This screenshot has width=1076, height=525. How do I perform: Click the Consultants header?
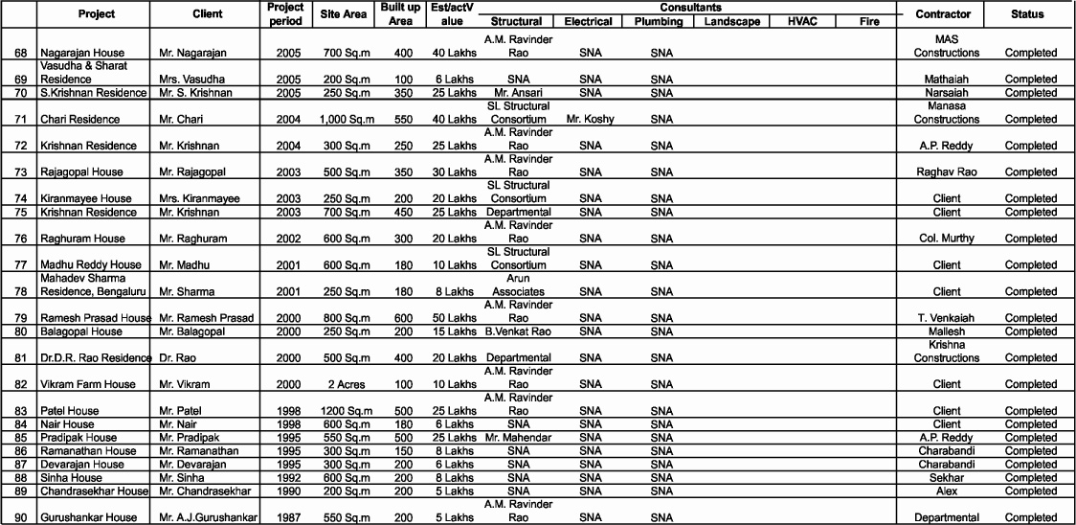(x=684, y=7)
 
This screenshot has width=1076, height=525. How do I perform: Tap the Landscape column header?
(x=731, y=21)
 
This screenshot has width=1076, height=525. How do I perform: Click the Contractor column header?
(x=943, y=14)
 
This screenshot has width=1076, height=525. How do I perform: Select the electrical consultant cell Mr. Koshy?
(x=591, y=120)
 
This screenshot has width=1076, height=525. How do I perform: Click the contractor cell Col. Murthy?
(x=943, y=239)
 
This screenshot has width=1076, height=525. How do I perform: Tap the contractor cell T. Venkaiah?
(x=943, y=318)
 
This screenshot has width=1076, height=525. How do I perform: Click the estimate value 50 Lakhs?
(x=454, y=318)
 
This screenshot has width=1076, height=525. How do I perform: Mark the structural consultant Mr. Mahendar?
(x=518, y=438)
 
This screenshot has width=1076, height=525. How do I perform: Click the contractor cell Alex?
(x=943, y=491)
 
